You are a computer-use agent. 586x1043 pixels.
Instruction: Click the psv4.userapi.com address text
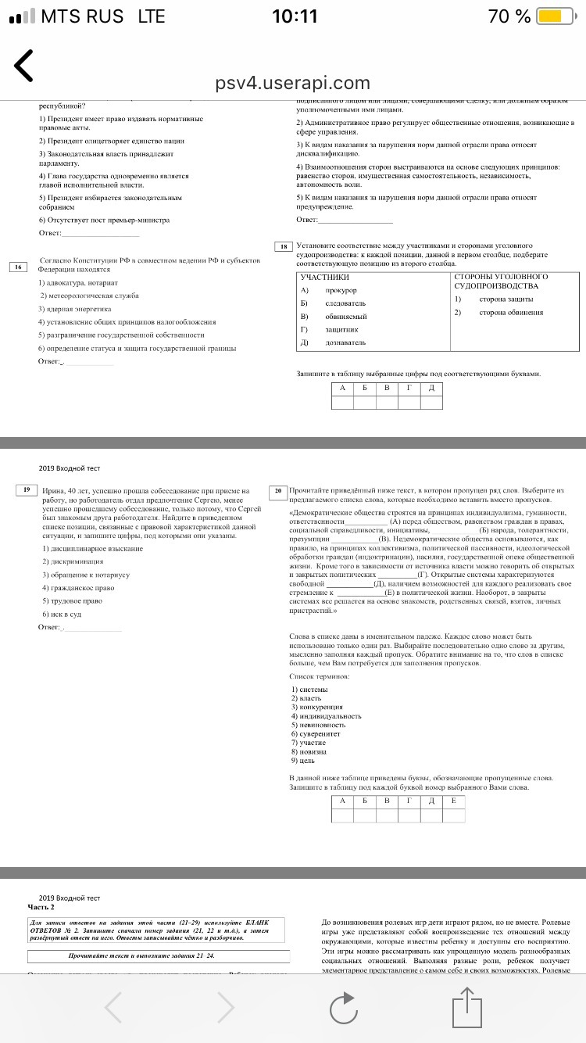point(292,83)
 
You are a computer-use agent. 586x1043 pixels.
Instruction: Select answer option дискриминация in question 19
point(68,561)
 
